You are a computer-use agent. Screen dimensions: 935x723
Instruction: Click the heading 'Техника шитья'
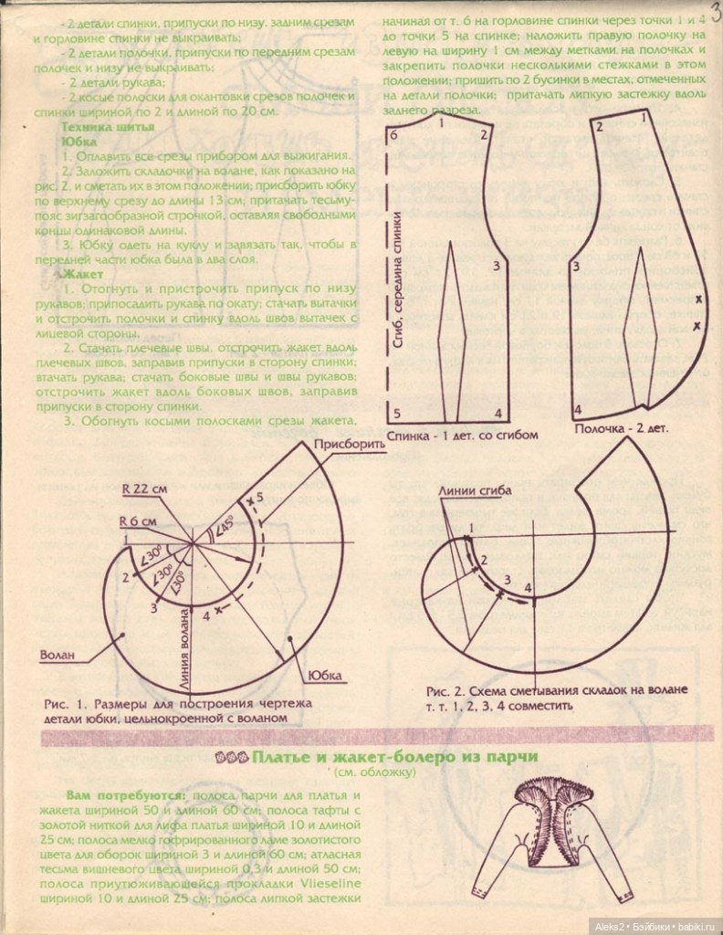[x=107, y=127]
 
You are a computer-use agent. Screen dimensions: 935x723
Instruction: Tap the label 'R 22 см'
[x=144, y=489]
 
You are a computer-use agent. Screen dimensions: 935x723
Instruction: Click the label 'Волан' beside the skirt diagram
[x=58, y=655]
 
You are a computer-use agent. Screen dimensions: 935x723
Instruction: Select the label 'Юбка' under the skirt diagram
[x=323, y=676]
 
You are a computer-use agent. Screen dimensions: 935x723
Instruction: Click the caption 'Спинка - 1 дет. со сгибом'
[x=463, y=435]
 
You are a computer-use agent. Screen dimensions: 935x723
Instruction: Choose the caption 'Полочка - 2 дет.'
[x=621, y=428]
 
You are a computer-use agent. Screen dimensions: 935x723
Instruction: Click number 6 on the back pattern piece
[x=393, y=134]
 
